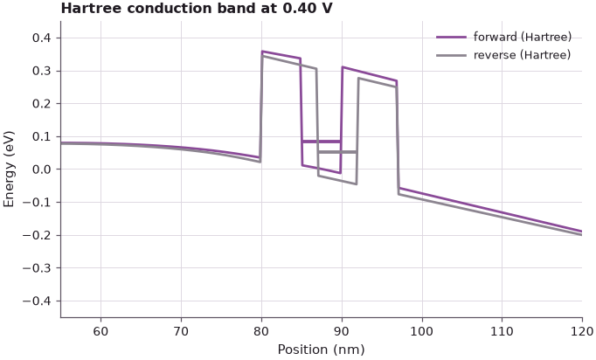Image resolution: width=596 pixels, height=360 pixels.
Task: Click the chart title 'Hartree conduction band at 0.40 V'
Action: pos(197,8)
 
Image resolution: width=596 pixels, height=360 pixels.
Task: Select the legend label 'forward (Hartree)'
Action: pos(523,37)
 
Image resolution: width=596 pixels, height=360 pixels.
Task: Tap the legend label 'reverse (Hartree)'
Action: pos(522,55)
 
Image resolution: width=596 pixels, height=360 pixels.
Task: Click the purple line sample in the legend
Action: pos(451,38)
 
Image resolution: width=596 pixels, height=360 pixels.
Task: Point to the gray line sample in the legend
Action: pos(451,56)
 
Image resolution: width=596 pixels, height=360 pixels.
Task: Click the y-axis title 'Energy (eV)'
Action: pos(9,170)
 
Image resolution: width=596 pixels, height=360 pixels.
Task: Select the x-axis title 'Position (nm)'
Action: pos(322,349)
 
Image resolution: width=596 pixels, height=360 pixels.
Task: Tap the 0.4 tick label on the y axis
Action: pos(41,38)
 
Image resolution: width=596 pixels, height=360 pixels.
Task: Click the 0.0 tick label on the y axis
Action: pos(41,170)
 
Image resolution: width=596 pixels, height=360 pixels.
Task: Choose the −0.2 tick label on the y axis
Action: pos(37,235)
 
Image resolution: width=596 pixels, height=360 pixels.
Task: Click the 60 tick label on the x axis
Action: pos(100,331)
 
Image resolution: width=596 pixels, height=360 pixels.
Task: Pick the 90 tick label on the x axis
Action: pos(342,331)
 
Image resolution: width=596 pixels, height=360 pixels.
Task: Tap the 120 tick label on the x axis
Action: pos(582,331)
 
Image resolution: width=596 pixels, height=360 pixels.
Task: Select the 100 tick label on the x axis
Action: pos(422,331)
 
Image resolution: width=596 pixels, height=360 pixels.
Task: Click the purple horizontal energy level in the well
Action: pos(322,142)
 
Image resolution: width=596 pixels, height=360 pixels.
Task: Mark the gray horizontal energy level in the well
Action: pos(337,152)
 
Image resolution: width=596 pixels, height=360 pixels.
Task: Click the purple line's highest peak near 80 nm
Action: pos(262,51)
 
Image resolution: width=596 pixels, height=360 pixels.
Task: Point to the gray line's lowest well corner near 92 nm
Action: pos(357,184)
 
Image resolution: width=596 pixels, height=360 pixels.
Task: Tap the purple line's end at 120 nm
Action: pos(582,232)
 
